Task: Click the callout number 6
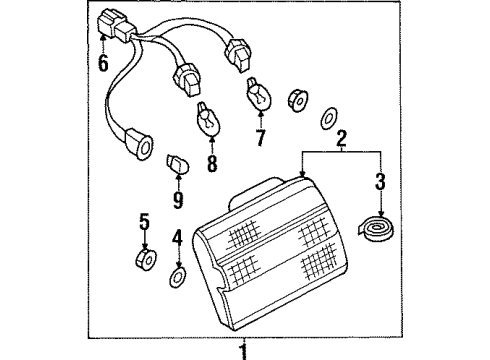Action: [103, 63]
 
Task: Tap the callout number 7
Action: [260, 138]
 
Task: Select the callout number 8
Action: [212, 163]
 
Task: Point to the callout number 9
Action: [178, 200]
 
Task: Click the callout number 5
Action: [144, 222]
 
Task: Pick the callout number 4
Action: [177, 237]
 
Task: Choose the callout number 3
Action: [380, 182]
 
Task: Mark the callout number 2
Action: [341, 139]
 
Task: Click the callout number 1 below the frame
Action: [244, 352]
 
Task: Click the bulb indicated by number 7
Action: [259, 94]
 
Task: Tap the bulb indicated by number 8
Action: [207, 119]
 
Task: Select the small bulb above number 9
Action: [177, 165]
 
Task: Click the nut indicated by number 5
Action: [146, 259]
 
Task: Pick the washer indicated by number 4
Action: [177, 277]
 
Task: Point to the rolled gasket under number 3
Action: [375, 229]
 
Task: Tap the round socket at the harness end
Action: [140, 144]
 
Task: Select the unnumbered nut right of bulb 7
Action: [297, 100]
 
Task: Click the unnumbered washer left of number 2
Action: [329, 118]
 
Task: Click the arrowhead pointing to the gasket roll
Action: [381, 214]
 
